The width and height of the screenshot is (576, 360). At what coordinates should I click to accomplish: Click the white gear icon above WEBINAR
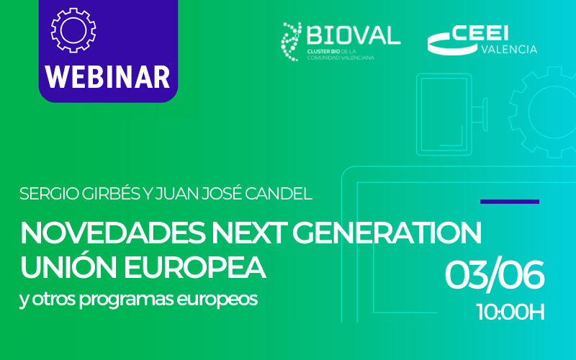[73, 30]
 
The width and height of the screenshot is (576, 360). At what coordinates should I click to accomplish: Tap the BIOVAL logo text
[354, 35]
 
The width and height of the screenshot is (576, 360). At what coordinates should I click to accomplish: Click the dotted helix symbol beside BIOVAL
[292, 42]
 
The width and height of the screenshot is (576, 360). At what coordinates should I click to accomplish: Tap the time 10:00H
[510, 312]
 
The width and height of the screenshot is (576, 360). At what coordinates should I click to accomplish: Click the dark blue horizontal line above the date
[509, 202]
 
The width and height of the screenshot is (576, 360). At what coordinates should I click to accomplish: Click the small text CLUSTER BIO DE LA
[332, 53]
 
